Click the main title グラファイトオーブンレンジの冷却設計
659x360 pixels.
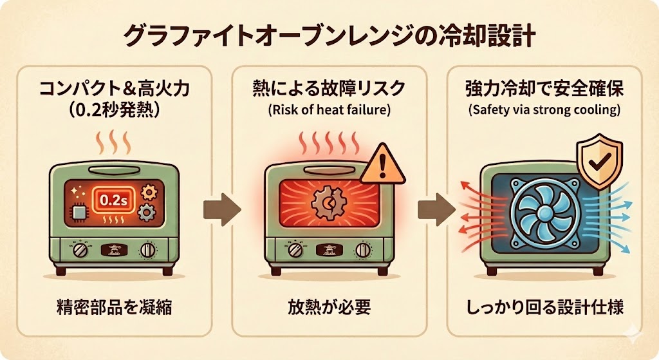pyautogui.click(x=329, y=35)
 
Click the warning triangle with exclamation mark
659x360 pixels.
pyautogui.click(x=382, y=166)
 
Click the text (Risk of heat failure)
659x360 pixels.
pyautogui.click(x=329, y=109)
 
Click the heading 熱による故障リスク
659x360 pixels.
pyautogui.click(x=329, y=89)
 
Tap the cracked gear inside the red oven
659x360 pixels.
pyautogui.click(x=324, y=204)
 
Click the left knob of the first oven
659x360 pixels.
pyautogui.click(x=82, y=249)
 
